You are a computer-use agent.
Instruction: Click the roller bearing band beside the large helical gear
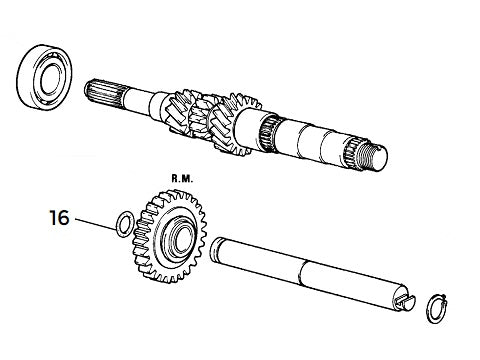point(269,132)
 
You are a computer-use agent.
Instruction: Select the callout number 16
point(59,217)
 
